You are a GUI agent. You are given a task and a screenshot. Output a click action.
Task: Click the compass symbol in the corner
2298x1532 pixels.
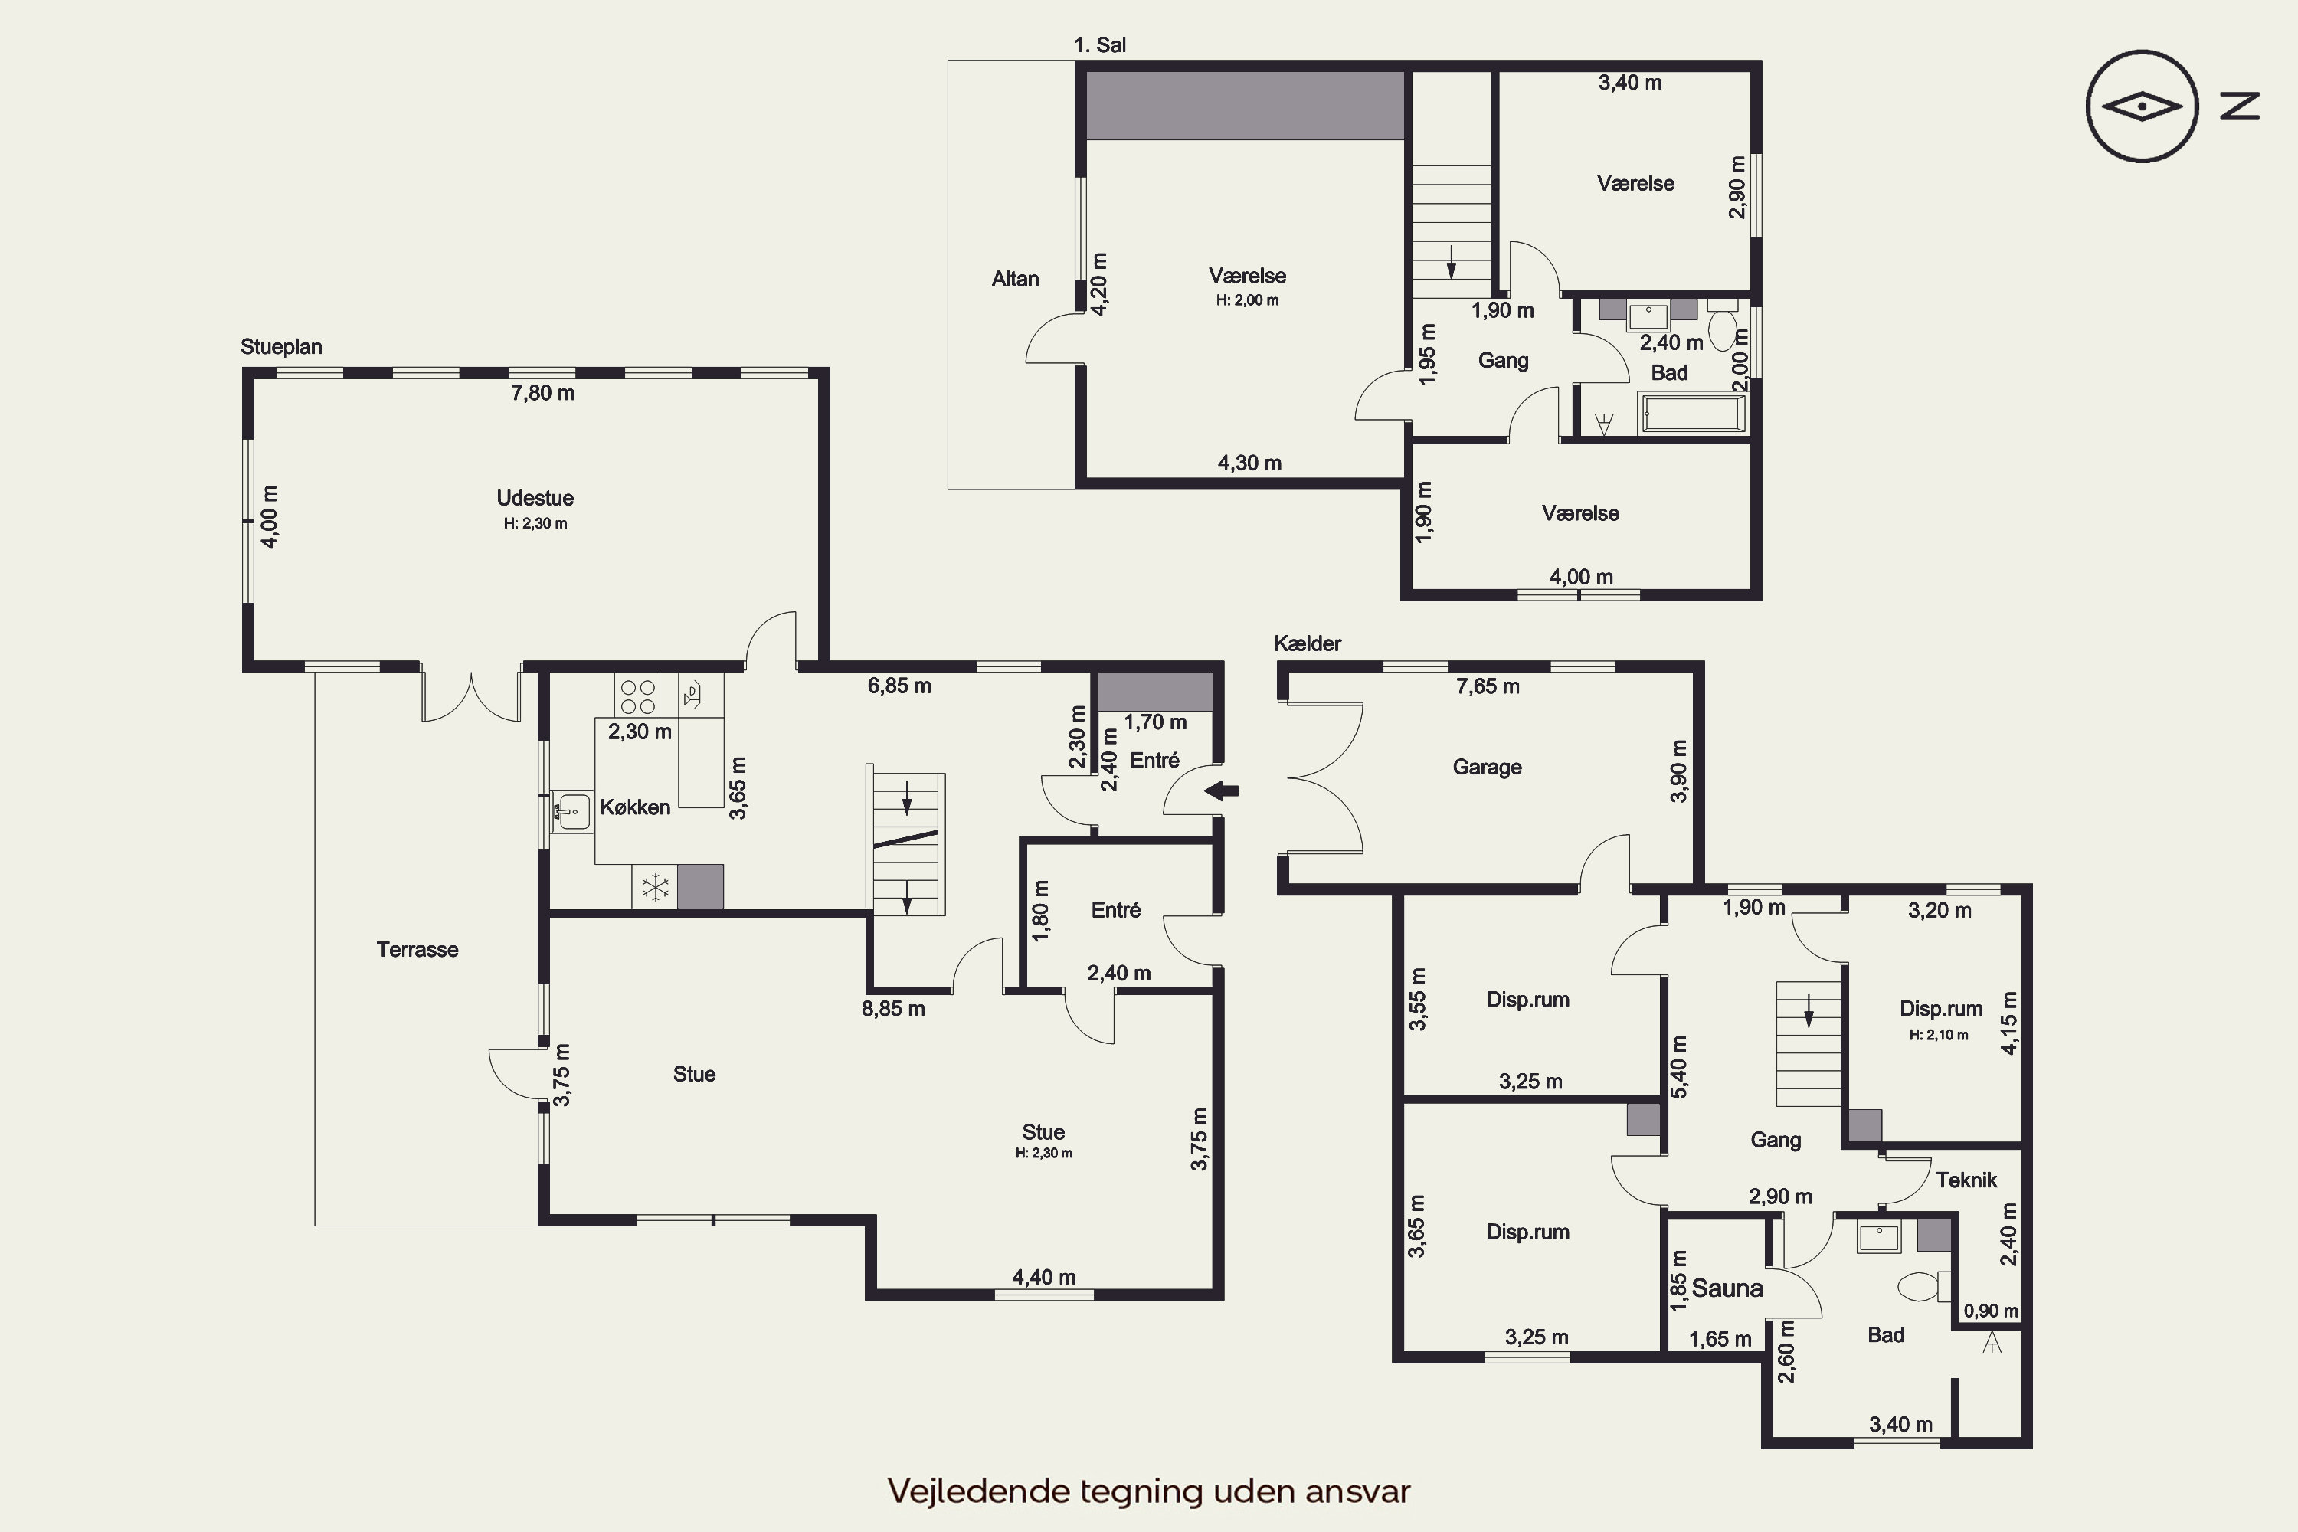[2143, 106]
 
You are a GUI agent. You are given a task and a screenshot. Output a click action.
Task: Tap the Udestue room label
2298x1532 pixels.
[535, 499]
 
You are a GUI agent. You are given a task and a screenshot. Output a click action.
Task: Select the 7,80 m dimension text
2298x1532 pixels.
[542, 393]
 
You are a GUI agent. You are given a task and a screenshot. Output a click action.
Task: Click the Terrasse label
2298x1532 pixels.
[417, 950]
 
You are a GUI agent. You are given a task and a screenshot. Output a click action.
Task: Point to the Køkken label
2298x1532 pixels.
[635, 807]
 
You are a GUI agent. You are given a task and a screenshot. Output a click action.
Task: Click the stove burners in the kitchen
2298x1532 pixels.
[637, 696]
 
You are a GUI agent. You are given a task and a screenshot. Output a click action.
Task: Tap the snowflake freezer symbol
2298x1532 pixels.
[655, 888]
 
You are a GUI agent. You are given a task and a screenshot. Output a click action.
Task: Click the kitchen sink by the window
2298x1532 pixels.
[571, 811]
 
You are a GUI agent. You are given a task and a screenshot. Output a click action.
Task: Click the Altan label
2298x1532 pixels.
[1015, 280]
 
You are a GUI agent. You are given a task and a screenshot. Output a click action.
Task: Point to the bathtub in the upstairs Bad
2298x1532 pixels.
[1693, 414]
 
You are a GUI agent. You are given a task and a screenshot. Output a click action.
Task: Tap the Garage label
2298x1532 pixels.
[1487, 767]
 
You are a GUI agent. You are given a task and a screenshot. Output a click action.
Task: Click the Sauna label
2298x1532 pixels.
[1727, 1288]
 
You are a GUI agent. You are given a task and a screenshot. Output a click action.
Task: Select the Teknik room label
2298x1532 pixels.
[1966, 1180]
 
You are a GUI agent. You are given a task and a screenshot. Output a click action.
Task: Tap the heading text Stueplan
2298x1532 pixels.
[281, 347]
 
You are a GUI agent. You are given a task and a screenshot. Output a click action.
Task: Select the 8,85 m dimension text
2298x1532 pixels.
[893, 1008]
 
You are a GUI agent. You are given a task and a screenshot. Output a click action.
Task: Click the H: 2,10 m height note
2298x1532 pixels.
[1940, 1035]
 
